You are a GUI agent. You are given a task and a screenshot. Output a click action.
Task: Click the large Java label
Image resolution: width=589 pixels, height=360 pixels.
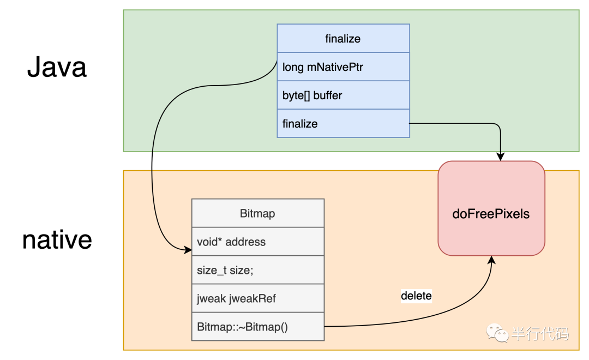[57, 67]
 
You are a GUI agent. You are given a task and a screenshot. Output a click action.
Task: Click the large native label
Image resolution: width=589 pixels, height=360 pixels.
[57, 240]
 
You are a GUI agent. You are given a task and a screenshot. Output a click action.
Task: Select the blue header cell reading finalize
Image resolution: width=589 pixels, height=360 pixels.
[344, 38]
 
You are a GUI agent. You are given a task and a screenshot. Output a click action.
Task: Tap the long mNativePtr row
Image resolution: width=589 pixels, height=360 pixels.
[344, 67]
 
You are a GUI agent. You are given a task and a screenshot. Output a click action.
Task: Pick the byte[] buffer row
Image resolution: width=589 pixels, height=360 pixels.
[344, 95]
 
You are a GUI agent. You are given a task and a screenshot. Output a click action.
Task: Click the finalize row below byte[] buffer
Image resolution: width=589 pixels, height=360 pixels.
[344, 124]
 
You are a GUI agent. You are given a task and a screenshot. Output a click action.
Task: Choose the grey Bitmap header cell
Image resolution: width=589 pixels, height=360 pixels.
[257, 213]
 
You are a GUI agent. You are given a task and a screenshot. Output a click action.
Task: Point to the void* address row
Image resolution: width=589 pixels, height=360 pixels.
[257, 242]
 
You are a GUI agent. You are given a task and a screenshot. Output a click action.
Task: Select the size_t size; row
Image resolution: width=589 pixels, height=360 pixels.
[257, 270]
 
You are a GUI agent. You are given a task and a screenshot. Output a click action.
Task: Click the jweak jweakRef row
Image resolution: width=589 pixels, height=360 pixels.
[257, 298]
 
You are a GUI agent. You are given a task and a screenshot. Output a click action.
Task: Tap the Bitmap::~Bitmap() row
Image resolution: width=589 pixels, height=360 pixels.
[257, 327]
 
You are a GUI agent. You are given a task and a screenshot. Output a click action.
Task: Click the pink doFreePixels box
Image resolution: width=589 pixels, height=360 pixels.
[491, 208]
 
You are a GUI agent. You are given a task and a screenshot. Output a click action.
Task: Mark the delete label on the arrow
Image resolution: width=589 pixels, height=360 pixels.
[416, 296]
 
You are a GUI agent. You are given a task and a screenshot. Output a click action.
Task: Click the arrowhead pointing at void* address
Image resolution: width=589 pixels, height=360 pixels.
[188, 249]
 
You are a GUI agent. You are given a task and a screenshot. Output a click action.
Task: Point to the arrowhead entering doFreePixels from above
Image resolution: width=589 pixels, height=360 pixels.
[500, 157]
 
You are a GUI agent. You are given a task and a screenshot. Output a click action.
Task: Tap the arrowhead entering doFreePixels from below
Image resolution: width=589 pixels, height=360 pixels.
[492, 260]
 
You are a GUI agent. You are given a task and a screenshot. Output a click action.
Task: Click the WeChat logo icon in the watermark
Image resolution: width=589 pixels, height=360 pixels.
[497, 333]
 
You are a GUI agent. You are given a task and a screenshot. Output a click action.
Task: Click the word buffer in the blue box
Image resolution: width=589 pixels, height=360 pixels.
[328, 95]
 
